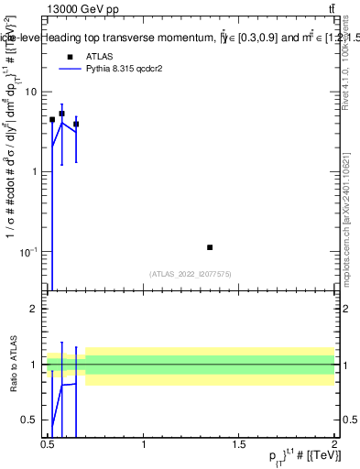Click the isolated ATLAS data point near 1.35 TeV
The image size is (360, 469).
[x=211, y=247]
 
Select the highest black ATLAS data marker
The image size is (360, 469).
[x=61, y=115]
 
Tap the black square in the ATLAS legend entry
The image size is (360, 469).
[x=71, y=57]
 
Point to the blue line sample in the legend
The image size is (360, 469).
[x=71, y=69]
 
